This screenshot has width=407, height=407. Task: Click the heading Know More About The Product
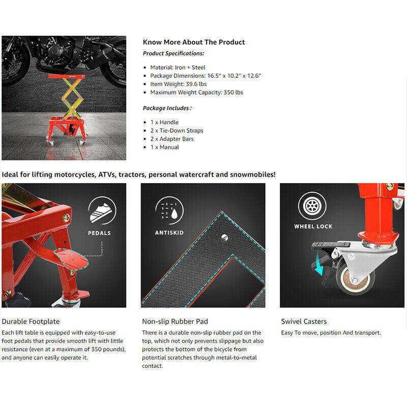tap(194, 42)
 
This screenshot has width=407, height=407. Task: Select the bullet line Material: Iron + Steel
tap(178, 68)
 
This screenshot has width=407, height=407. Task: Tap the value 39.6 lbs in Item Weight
tap(196, 84)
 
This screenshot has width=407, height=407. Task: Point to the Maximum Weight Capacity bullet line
tap(196, 93)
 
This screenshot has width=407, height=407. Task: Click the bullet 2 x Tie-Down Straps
tap(177, 131)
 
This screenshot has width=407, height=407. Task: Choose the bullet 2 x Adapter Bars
tap(172, 139)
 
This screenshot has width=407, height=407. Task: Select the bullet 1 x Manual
tap(164, 147)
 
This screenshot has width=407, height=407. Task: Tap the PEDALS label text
tap(99, 233)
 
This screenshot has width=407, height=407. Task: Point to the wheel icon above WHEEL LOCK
tap(312, 206)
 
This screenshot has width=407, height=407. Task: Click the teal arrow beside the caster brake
tap(318, 269)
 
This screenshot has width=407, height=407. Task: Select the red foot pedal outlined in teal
tap(72, 259)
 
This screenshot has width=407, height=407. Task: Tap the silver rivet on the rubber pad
tap(224, 237)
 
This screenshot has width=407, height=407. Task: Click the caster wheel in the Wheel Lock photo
tap(355, 279)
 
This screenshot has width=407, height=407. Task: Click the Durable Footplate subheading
tap(31, 322)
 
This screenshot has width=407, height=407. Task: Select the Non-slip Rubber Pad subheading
tap(175, 322)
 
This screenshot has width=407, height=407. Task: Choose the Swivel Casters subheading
tap(304, 322)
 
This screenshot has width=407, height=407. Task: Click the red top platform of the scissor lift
tap(67, 76)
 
